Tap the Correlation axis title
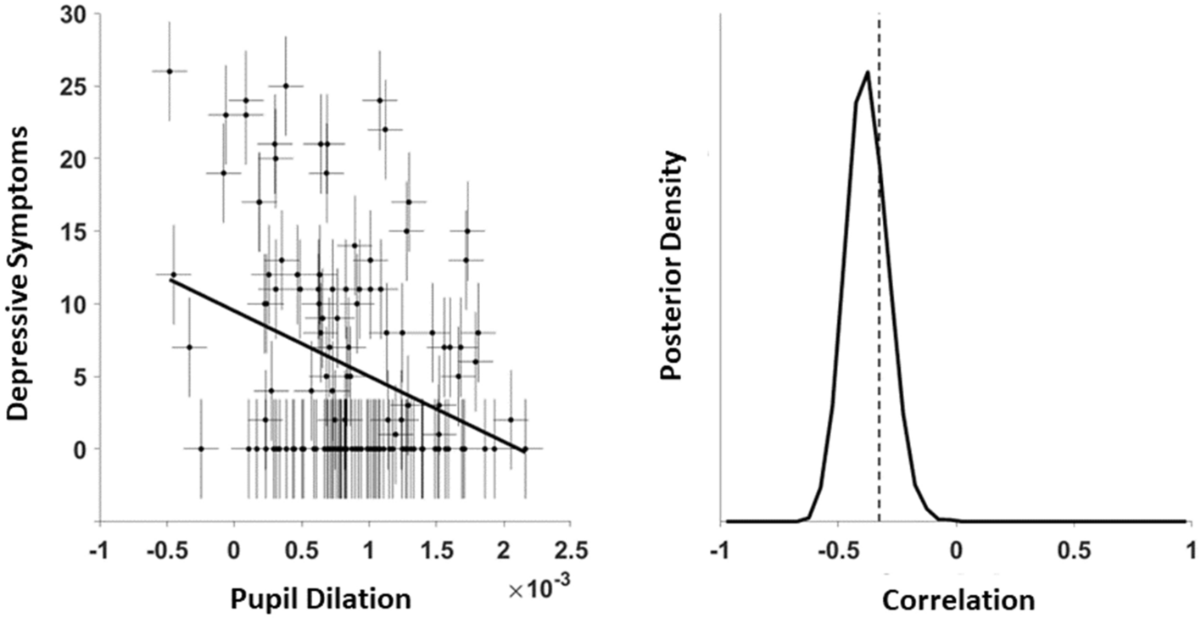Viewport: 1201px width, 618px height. (958, 600)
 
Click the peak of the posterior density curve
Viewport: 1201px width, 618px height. (867, 72)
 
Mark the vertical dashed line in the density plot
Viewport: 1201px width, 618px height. (880, 297)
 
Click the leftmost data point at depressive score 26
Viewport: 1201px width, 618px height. (169, 71)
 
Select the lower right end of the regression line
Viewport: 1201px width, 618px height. (524, 449)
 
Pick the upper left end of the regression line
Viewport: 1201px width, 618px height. (170, 279)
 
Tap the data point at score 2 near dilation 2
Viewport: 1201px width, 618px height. (511, 420)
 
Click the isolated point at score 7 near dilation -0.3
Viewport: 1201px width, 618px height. (189, 347)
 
